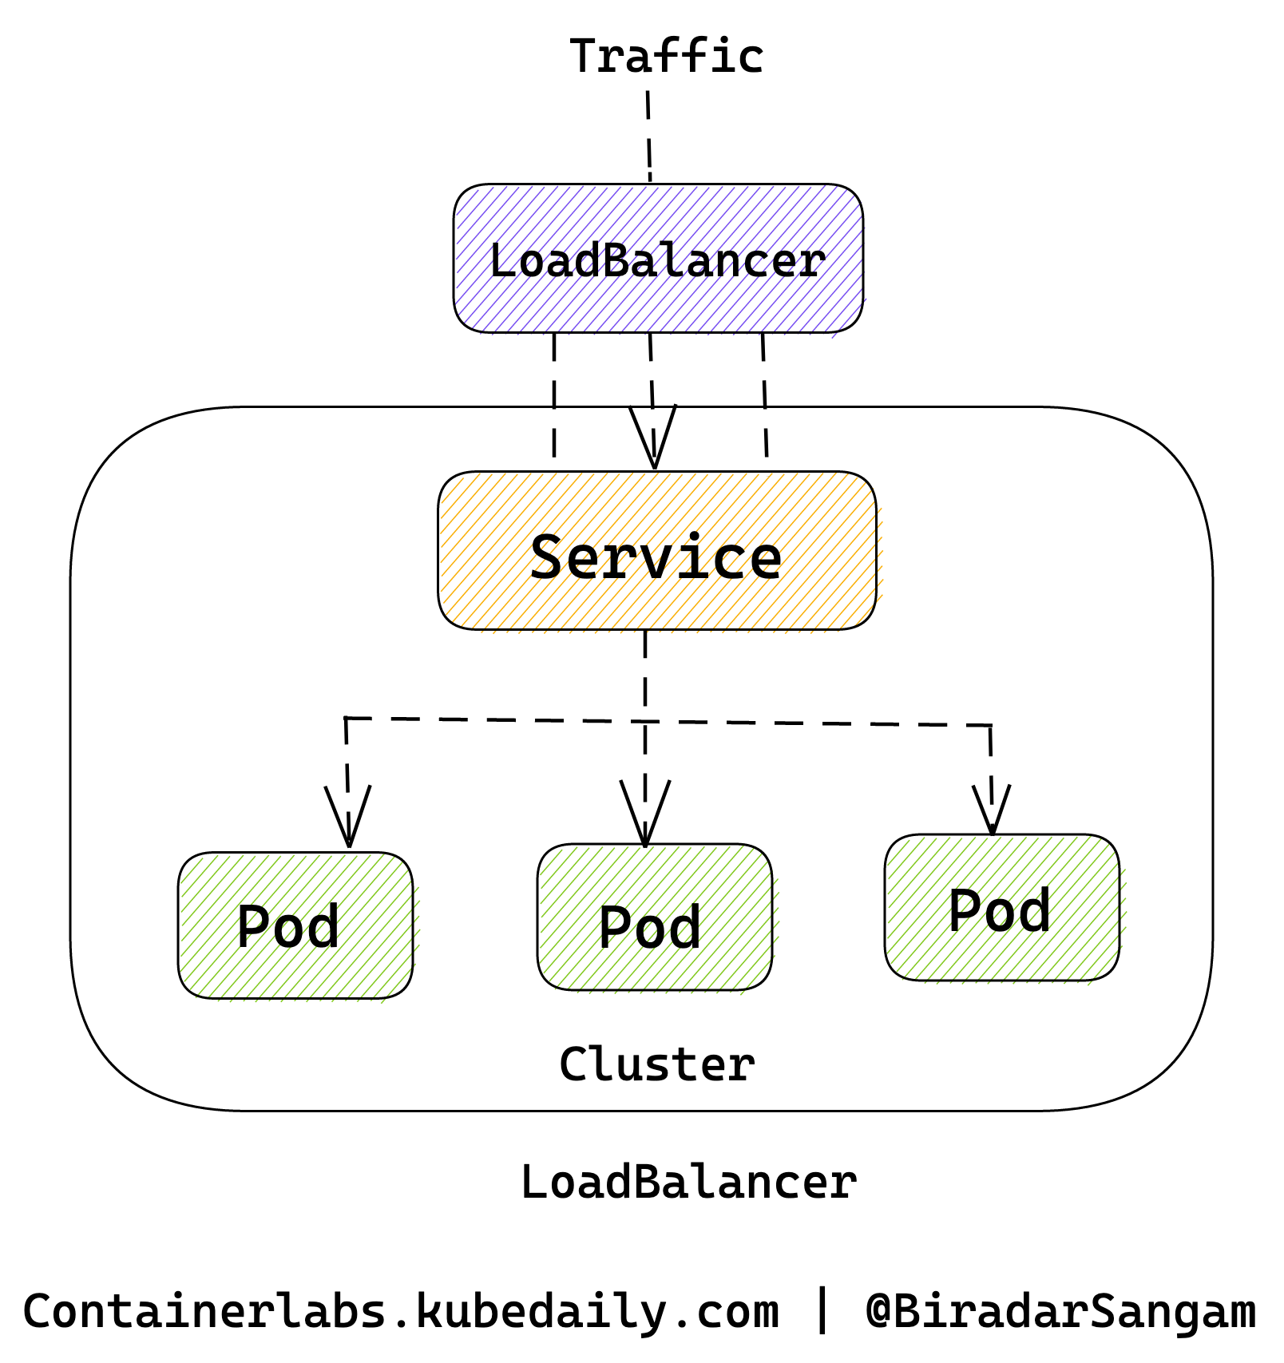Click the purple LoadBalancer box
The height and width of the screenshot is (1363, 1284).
pyautogui.click(x=660, y=260)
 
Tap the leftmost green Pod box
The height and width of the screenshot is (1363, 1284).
pyautogui.click(x=297, y=927)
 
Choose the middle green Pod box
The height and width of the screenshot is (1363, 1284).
pyautogui.click(x=657, y=919)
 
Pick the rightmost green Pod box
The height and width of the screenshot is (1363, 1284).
pyautogui.click(x=1005, y=910)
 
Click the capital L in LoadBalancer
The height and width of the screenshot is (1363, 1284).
pyautogui.click(x=504, y=260)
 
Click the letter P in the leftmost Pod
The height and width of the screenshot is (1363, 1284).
pyautogui.click(x=255, y=925)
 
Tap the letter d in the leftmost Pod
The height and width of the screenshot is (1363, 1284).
pyautogui.click(x=323, y=925)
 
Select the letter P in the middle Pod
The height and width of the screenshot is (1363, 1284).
pyautogui.click(x=616, y=926)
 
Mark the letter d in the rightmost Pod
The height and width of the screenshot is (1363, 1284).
pyautogui.click(x=1033, y=910)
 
